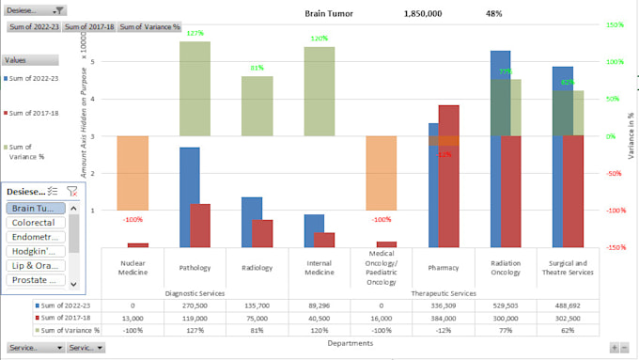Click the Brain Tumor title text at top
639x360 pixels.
tap(335, 14)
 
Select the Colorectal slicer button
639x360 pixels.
tap(34, 223)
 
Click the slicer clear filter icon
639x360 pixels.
tap(71, 191)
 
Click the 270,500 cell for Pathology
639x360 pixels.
tap(195, 305)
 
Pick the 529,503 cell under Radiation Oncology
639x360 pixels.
tap(505, 305)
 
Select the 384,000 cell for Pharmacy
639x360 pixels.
tap(443, 318)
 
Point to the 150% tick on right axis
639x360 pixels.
tap(614, 24)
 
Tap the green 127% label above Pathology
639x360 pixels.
tap(195, 34)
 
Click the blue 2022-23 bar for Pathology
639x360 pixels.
tap(189, 196)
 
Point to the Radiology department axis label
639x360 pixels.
tap(257, 268)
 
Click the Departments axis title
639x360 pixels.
tap(350, 343)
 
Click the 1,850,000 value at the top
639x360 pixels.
tap(423, 14)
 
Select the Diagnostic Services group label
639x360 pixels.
tap(195, 292)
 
